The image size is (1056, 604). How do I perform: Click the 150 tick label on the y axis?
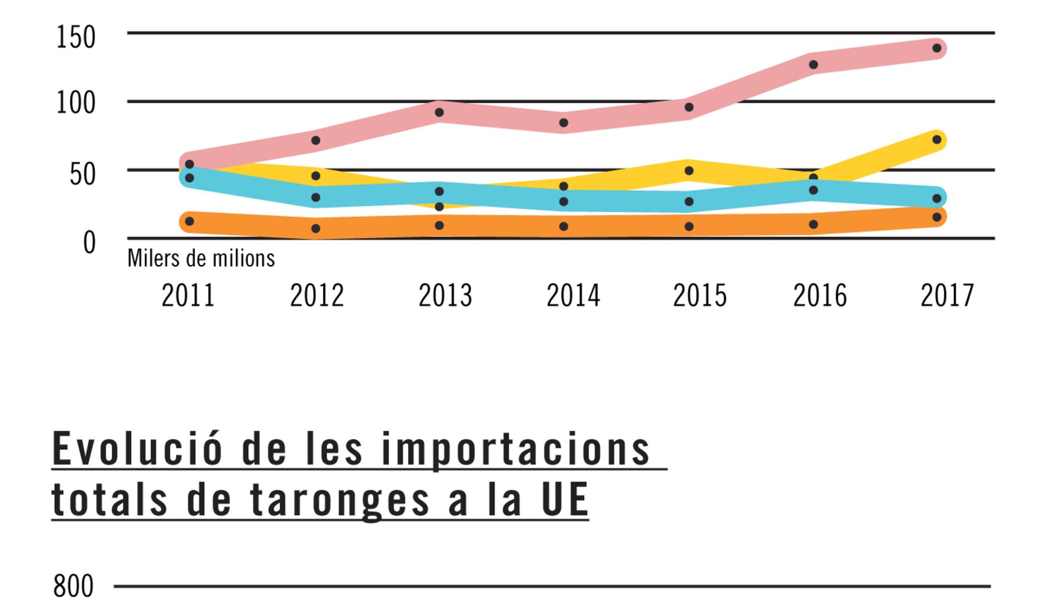coord(76,38)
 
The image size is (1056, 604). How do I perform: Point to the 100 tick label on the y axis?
coord(76,104)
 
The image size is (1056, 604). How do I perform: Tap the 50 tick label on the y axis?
coord(82,174)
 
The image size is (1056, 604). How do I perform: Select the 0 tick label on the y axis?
coord(89,244)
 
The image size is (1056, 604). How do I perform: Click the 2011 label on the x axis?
coord(188,296)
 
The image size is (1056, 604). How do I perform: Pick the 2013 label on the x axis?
coord(445,296)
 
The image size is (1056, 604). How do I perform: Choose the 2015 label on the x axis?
coord(700,296)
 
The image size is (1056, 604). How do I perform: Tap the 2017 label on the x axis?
coord(947,296)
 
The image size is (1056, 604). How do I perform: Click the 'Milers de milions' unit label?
coord(201,259)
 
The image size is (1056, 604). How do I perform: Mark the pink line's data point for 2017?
coord(937,49)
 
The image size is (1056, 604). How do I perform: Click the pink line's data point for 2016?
coord(813,64)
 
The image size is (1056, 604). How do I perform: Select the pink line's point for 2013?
coord(439,113)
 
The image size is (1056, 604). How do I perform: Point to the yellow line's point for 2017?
coord(937,140)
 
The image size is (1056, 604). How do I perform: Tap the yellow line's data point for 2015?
coord(689,171)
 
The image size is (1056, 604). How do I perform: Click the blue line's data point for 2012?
coord(316,198)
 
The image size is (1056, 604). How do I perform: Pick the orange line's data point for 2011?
coord(190,221)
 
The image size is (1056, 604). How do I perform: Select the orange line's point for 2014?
coord(563,227)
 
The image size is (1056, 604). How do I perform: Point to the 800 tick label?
coord(73,587)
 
